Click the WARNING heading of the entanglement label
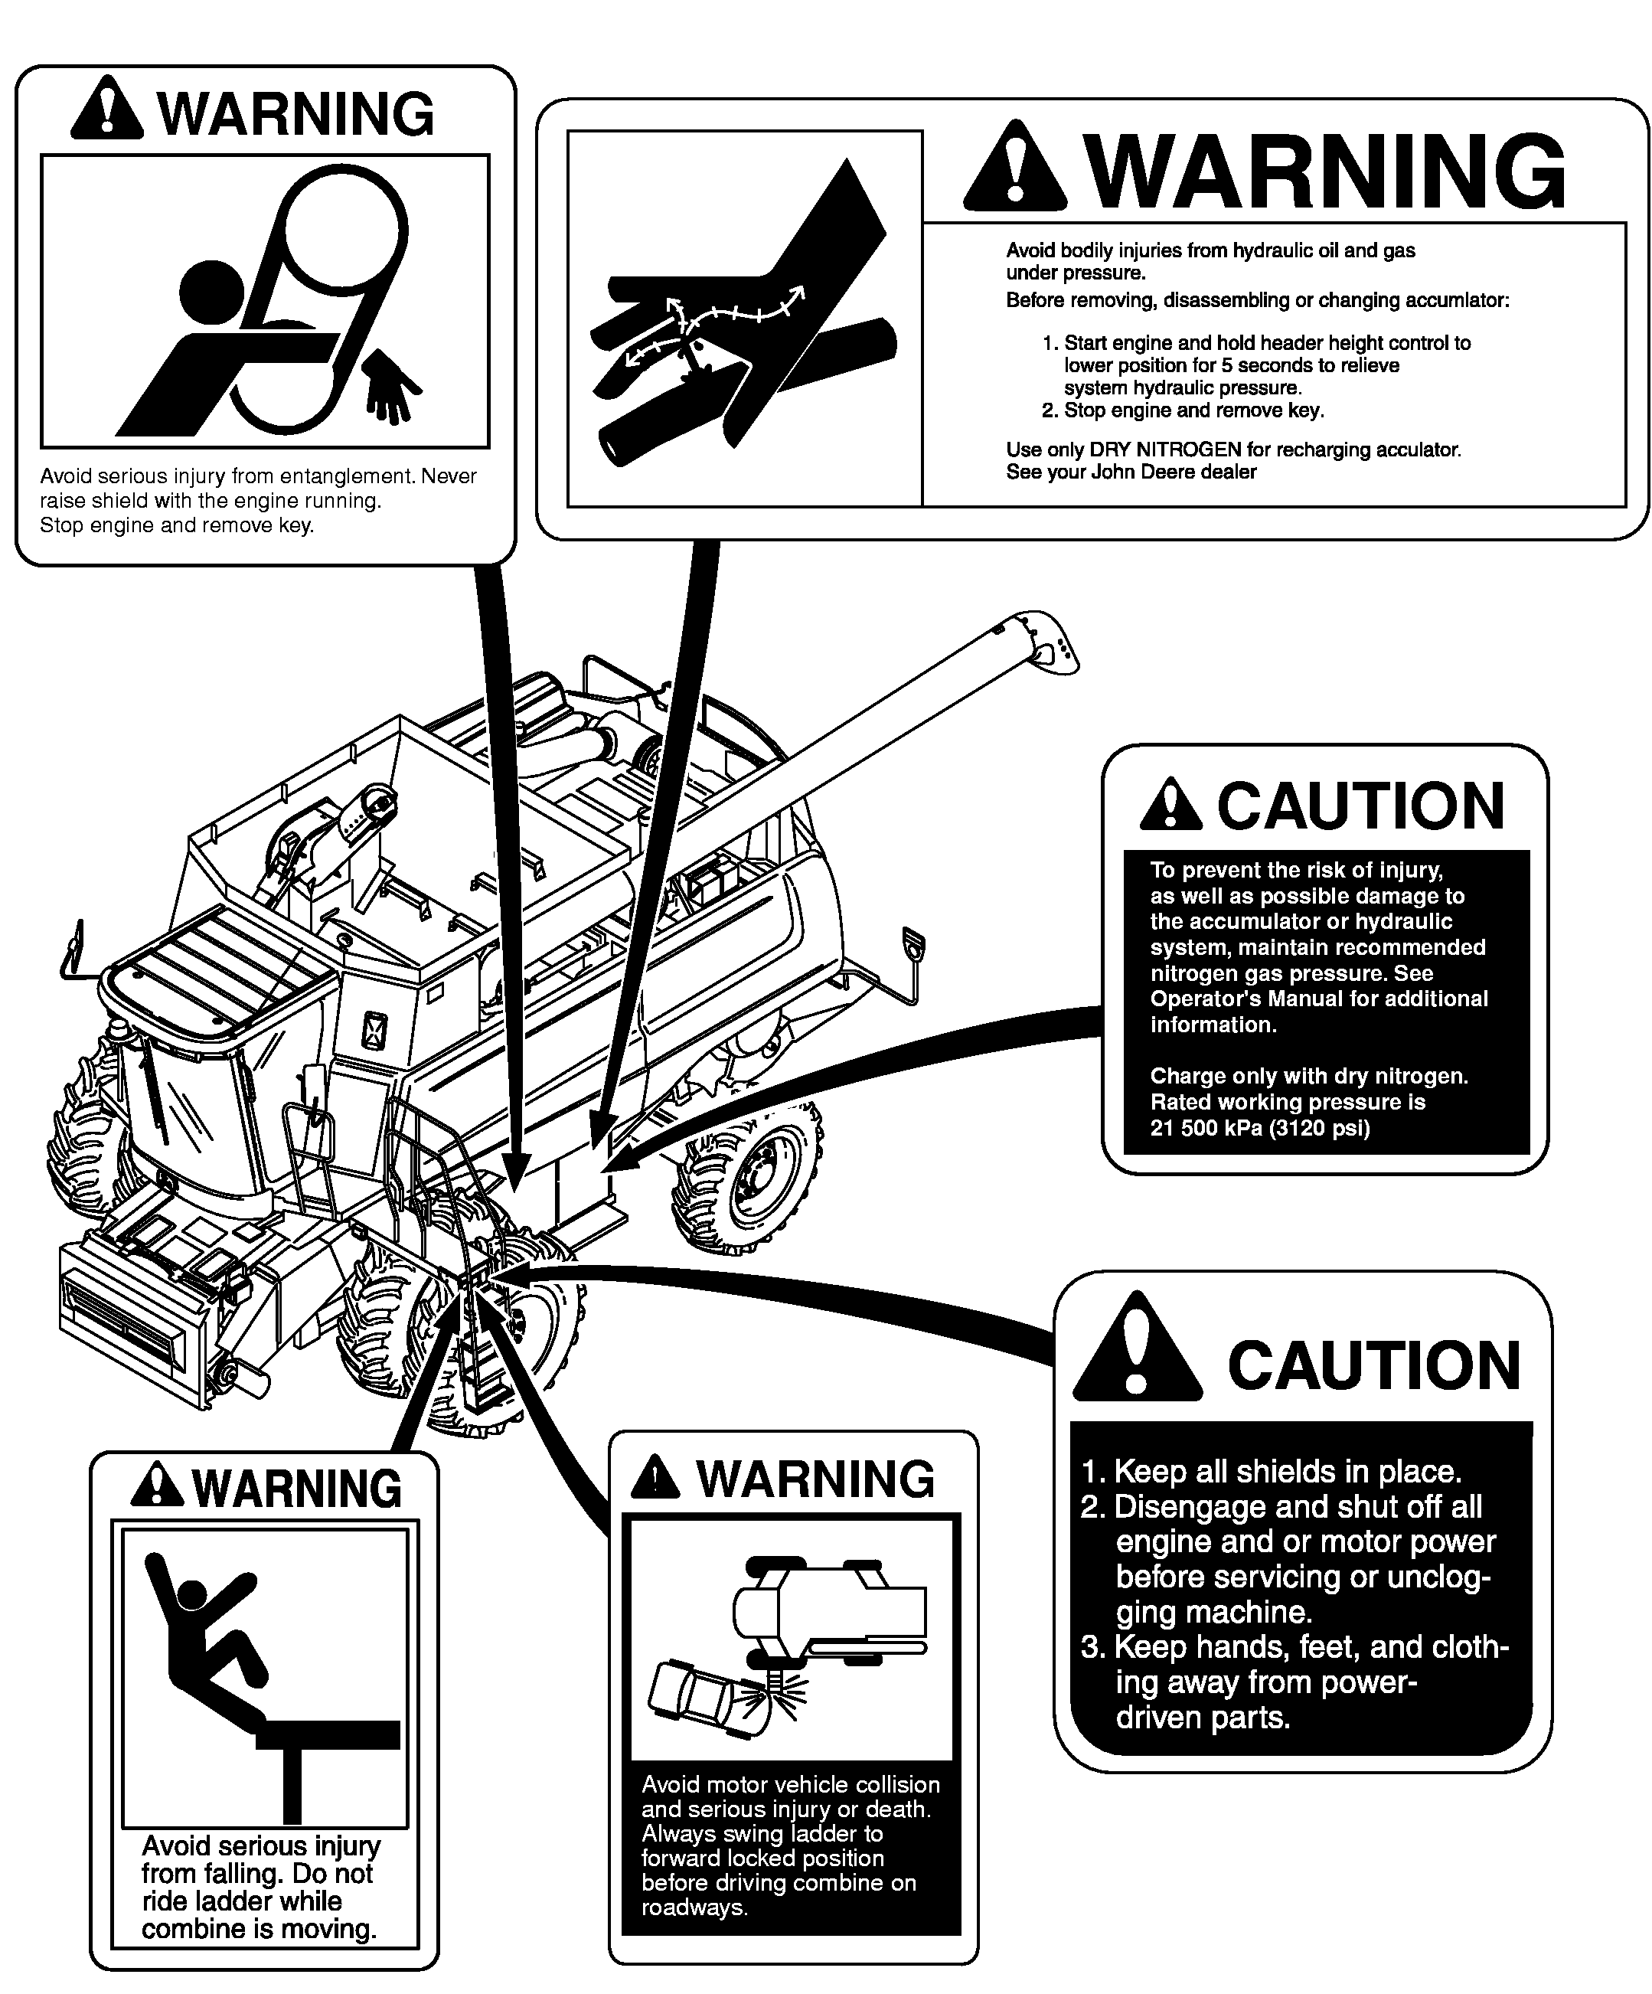297,116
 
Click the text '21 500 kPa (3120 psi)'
1260,1128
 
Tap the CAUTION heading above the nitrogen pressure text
1360,806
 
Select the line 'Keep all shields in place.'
1272,1472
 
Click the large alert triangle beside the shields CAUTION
1138,1348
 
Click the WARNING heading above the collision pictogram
815,1479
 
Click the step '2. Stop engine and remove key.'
1182,410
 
